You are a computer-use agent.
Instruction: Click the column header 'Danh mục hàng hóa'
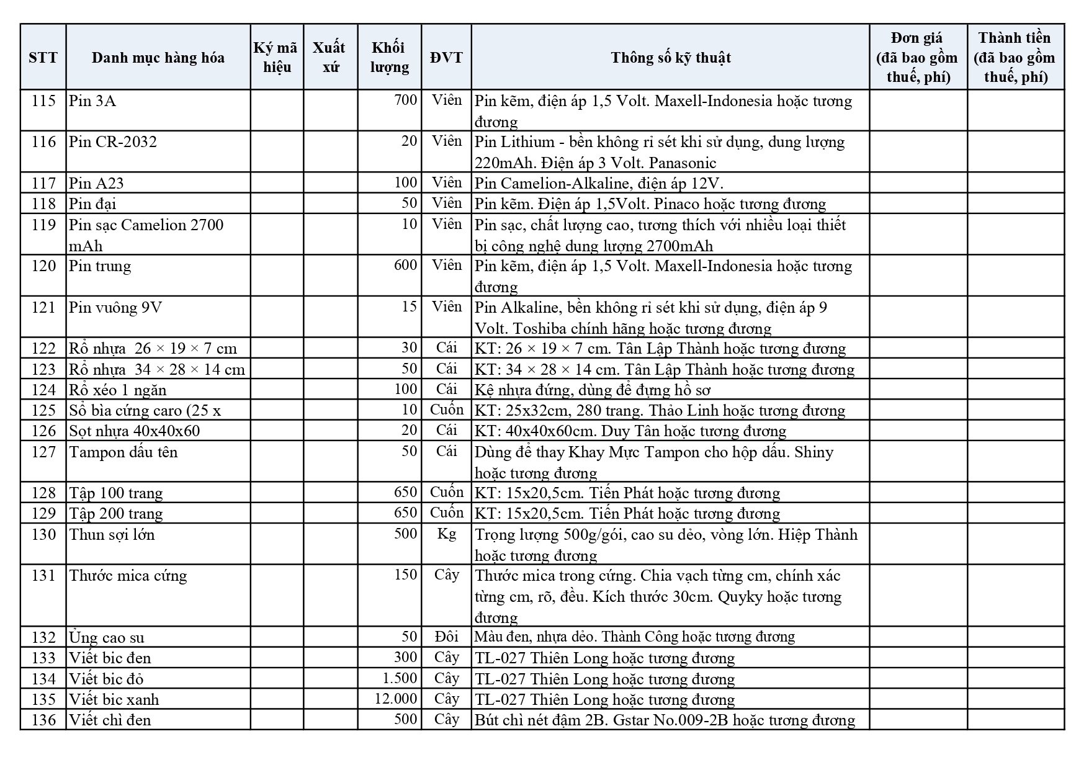[x=158, y=58]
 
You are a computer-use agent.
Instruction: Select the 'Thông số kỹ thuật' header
[x=670, y=58]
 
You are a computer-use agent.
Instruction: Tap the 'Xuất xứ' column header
[x=330, y=58]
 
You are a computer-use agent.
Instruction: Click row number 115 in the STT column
[x=43, y=101]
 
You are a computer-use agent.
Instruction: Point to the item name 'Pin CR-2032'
[x=113, y=141]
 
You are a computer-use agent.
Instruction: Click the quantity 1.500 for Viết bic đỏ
[x=401, y=678]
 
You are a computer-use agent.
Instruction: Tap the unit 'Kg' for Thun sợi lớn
[x=446, y=534]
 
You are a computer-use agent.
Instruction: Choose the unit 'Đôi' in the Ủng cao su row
[x=446, y=637]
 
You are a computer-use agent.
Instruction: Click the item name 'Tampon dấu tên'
[x=123, y=452]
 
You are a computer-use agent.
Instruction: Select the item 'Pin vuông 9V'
[x=115, y=307]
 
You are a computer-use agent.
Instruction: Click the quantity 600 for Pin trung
[x=406, y=266]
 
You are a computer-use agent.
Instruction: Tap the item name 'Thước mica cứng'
[x=128, y=575]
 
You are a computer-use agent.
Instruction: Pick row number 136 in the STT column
[x=43, y=720]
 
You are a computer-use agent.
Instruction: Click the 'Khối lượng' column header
[x=389, y=58]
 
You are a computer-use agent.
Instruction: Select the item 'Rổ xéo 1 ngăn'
[x=118, y=390]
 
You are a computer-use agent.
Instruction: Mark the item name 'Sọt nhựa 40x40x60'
[x=135, y=431]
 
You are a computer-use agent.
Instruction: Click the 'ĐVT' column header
[x=446, y=58]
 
